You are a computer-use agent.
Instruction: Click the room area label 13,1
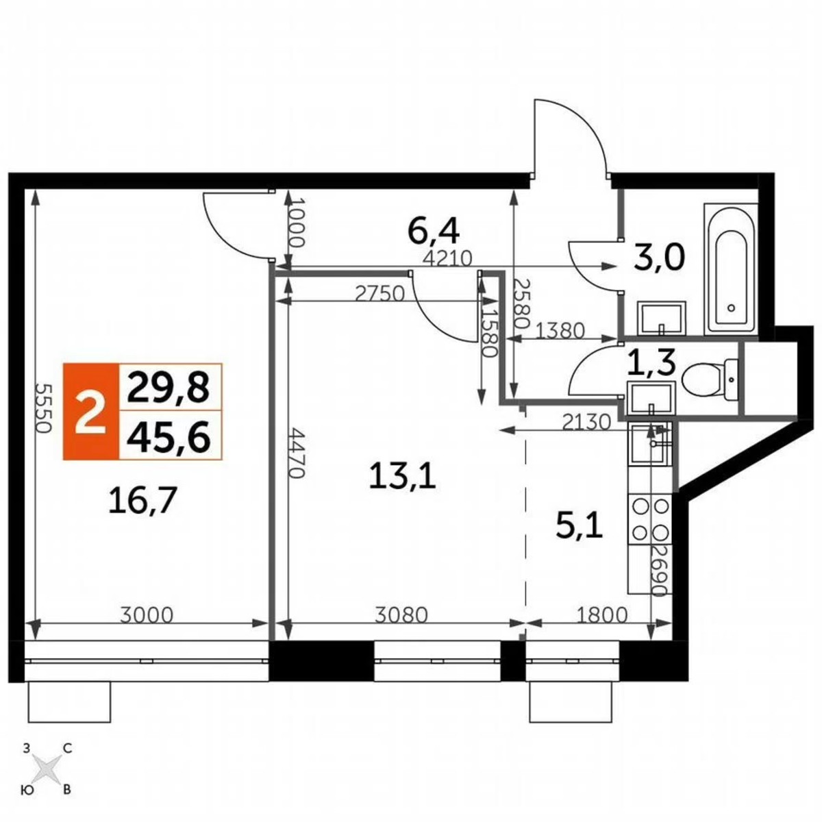point(402,475)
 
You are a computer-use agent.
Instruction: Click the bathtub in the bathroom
point(731,270)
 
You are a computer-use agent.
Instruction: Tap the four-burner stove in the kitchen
point(649,519)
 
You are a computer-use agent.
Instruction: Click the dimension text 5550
point(42,407)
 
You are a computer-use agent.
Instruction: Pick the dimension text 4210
point(449,259)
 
